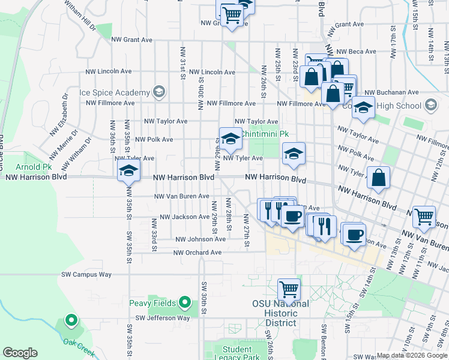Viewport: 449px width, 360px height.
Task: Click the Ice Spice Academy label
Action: coord(115,93)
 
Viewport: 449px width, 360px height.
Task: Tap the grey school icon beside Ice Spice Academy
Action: coord(158,92)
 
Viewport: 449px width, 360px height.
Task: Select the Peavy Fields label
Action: coord(154,303)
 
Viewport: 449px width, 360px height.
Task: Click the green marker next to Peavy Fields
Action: coord(185,303)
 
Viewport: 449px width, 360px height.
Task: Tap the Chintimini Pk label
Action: coord(265,134)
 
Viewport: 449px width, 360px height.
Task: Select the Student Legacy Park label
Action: coord(241,353)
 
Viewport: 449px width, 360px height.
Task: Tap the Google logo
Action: coord(20,353)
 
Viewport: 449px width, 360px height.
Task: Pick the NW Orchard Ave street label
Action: coord(197,253)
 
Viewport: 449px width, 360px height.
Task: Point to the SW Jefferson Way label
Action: coord(163,318)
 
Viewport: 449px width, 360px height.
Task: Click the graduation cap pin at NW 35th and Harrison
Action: coord(128,170)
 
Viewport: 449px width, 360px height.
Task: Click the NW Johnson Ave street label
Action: coord(200,239)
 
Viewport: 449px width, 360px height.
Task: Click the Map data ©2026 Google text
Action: coord(412,355)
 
